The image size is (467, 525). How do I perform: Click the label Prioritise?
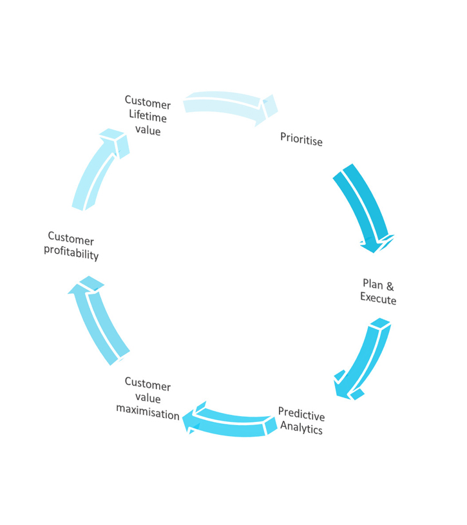click(301, 139)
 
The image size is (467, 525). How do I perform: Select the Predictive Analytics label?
click(301, 421)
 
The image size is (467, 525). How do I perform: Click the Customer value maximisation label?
click(148, 399)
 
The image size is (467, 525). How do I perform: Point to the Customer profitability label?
click(71, 246)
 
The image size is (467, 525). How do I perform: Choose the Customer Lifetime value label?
click(148, 116)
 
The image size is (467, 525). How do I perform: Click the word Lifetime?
click(148, 117)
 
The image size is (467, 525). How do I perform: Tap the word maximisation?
click(148, 413)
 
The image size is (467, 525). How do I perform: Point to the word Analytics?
click(301, 428)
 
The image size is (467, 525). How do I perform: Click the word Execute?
click(378, 300)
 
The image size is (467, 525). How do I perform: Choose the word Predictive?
click(301, 414)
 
